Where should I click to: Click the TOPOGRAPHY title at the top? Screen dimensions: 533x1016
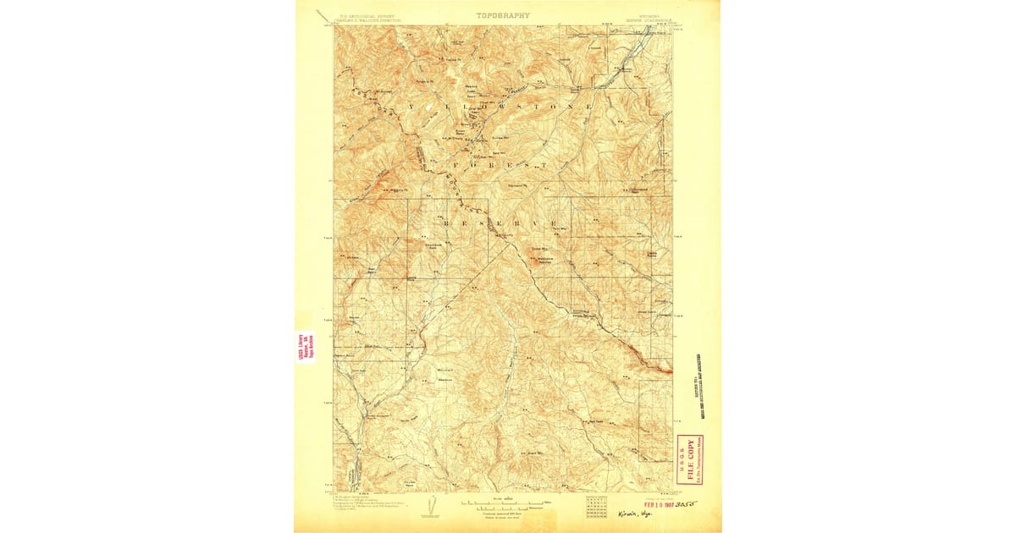pos(502,15)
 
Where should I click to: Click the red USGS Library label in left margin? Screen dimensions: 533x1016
pos(305,347)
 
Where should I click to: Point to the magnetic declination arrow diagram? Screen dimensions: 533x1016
pos(431,505)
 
